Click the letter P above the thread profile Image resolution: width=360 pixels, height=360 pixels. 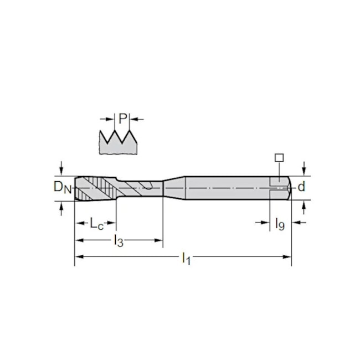click(123, 119)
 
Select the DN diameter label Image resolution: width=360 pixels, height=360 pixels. click(63, 187)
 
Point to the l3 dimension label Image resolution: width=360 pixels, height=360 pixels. click(119, 241)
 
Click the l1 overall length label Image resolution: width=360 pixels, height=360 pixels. click(186, 258)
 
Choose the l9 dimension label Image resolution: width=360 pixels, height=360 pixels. click(280, 224)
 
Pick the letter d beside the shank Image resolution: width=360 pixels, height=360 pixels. click(301, 187)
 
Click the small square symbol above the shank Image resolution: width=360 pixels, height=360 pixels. click(279, 158)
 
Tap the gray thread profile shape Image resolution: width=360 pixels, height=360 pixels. click(118, 143)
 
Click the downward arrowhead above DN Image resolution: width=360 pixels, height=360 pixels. click(61, 171)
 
